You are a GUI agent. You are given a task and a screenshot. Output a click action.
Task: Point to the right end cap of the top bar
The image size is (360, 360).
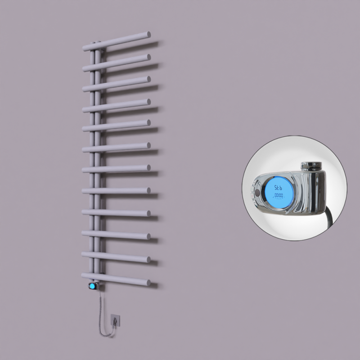pos(148,34)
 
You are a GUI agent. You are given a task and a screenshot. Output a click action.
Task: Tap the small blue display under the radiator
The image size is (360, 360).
pos(93,286)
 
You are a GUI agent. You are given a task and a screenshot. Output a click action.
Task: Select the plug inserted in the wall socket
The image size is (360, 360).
pos(116,321)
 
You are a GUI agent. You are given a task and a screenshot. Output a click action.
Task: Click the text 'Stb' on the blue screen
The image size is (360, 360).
pos(279,187)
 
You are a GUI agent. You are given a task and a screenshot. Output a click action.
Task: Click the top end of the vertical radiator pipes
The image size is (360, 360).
pos(98,44)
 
